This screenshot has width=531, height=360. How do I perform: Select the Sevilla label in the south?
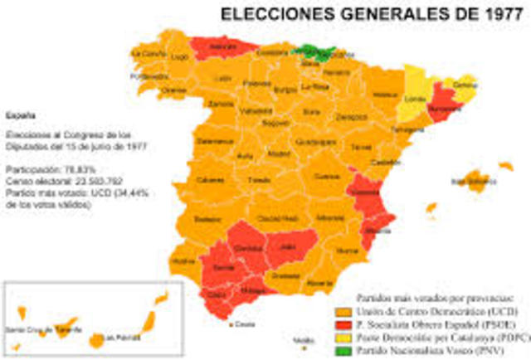coord(224,268)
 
